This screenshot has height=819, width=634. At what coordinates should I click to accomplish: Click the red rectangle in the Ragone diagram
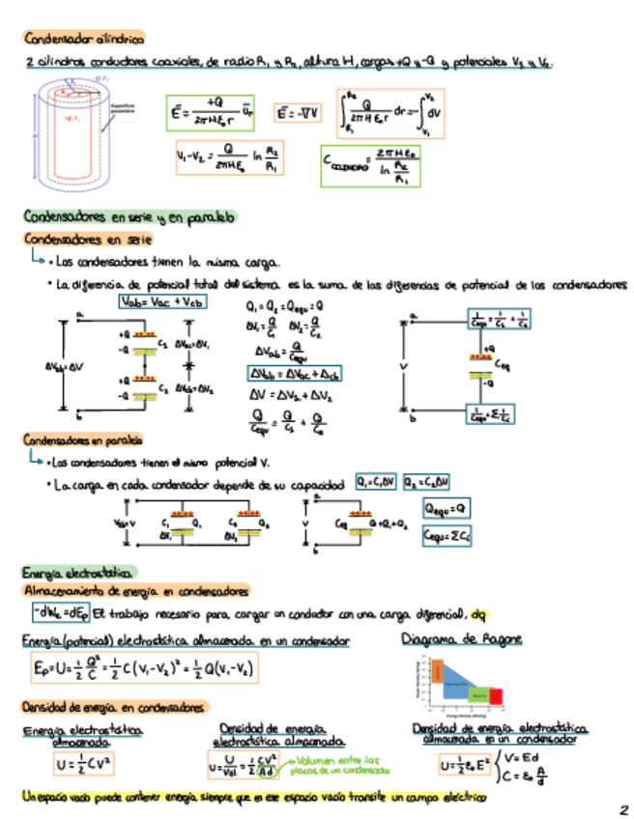[x=496, y=695]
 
